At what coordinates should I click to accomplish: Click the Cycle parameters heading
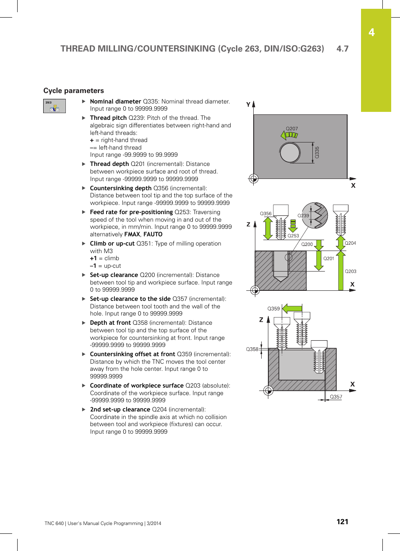(73, 91)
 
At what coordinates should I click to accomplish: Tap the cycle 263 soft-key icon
(55, 106)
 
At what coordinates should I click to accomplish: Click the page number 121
(342, 522)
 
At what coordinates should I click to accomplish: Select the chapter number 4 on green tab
(371, 33)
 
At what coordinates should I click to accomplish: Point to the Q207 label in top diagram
(292, 129)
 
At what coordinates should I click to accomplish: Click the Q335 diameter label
(317, 152)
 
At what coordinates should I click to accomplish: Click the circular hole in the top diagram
(290, 153)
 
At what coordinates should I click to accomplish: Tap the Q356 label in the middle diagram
(265, 214)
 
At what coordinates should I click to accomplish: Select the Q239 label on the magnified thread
(303, 216)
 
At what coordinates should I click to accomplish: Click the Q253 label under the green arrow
(293, 236)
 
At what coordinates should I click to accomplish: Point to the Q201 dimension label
(329, 259)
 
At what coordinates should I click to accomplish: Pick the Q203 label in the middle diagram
(351, 272)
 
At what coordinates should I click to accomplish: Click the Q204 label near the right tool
(350, 243)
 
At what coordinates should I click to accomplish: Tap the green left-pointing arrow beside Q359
(292, 309)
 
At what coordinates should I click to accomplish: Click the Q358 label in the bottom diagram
(252, 349)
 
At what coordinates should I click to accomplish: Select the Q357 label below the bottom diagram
(336, 397)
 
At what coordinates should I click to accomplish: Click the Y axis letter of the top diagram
(248, 105)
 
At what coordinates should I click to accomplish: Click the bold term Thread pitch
(108, 118)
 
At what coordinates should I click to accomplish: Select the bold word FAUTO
(153, 235)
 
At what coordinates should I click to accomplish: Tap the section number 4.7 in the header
(342, 49)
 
